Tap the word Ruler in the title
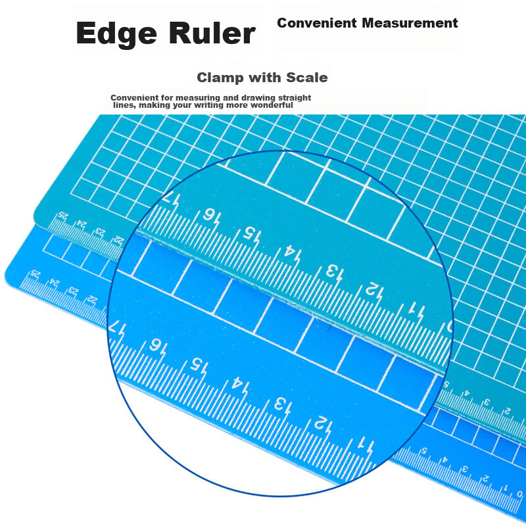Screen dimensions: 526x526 (x=212, y=33)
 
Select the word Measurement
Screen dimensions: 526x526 (x=410, y=23)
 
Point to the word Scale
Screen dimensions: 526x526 (x=306, y=78)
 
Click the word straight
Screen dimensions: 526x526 (x=295, y=98)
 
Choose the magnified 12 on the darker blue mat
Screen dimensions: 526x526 (x=323, y=425)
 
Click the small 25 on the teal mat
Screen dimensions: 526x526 (x=63, y=215)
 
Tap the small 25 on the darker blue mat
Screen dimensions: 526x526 (x=35, y=274)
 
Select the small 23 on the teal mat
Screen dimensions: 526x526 (x=101, y=231)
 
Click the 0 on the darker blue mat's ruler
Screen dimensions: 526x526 (x=519, y=494)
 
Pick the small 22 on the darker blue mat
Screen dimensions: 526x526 (x=91, y=299)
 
